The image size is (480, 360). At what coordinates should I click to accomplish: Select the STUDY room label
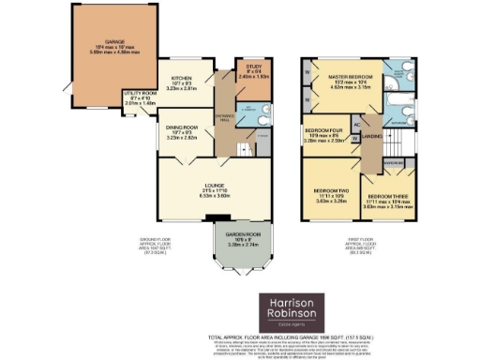pos(250,69)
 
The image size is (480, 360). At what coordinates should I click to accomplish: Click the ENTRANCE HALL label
pos(223,112)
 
